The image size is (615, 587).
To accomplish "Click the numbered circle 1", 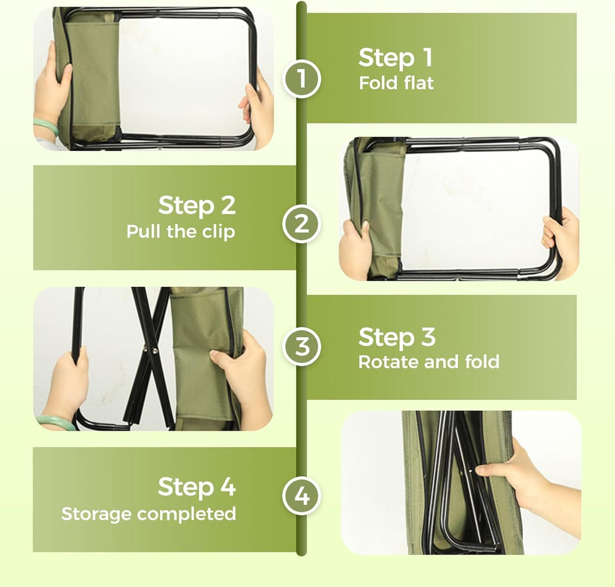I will click(x=301, y=79).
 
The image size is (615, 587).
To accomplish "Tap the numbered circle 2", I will click(x=301, y=223).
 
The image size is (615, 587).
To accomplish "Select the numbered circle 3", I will click(x=301, y=346).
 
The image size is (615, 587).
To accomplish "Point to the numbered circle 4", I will click(x=301, y=496).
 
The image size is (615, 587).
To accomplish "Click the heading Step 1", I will click(x=395, y=58).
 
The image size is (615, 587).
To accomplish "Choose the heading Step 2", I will click(x=197, y=206).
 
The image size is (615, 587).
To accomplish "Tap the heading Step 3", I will click(x=397, y=337).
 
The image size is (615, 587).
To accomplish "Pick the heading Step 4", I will click(x=197, y=487).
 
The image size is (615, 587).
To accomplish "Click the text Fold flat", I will click(x=396, y=83).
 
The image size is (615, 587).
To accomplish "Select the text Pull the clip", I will click(x=181, y=232).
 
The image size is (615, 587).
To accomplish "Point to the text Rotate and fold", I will click(x=429, y=362).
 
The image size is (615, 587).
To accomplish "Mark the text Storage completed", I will click(x=148, y=513).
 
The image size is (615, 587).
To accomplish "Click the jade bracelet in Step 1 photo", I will click(x=46, y=127).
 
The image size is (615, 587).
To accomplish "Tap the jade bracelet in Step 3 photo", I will click(x=55, y=421).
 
